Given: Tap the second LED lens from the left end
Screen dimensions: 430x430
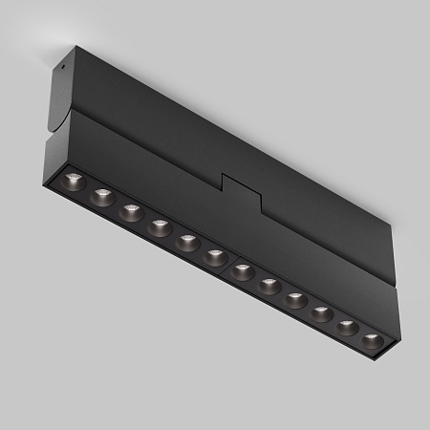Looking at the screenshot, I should [x=102, y=198].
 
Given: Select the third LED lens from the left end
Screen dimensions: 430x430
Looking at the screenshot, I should [x=130, y=212].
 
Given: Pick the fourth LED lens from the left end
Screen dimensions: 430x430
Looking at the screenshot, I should [x=159, y=227].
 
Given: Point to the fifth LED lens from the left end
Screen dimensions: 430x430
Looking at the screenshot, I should [x=186, y=242].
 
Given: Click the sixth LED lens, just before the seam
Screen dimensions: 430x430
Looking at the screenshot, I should [x=215, y=256].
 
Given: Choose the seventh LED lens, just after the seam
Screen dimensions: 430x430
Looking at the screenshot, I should [x=243, y=270].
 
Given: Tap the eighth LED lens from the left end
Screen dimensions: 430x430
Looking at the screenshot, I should [x=269, y=285].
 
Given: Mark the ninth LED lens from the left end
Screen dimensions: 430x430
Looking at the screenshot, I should [x=295, y=299].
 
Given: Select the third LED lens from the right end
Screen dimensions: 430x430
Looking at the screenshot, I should [x=321, y=313].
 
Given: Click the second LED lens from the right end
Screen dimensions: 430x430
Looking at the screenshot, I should [x=347, y=327].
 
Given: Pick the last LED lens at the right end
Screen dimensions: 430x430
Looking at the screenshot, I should [x=372, y=340].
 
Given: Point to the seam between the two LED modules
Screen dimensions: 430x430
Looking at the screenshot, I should [x=228, y=265].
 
